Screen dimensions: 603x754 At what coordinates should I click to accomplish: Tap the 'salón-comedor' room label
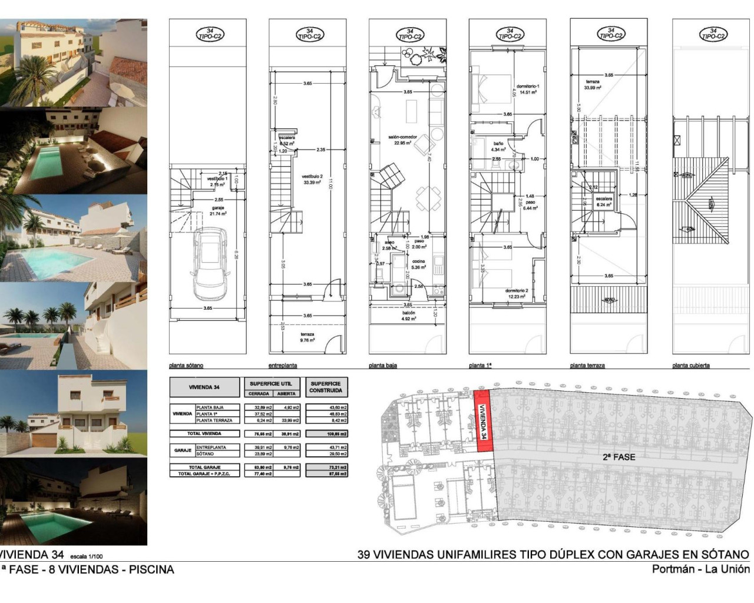pyautogui.click(x=402, y=137)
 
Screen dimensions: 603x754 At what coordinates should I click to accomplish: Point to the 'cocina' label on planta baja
pyautogui.click(x=418, y=261)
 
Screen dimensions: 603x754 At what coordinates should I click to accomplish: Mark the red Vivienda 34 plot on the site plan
pyautogui.click(x=482, y=420)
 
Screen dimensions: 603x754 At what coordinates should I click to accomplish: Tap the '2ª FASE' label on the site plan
pyautogui.click(x=619, y=456)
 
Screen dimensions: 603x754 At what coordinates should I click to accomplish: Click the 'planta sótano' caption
pyautogui.click(x=186, y=366)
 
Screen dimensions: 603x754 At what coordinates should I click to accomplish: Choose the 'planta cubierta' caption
pyautogui.click(x=691, y=366)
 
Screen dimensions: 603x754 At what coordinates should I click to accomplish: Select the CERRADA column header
pyautogui.click(x=259, y=394)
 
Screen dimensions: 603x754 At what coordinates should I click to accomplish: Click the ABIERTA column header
pyautogui.click(x=286, y=394)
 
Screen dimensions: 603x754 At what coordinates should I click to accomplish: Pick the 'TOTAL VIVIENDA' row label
pyautogui.click(x=204, y=433)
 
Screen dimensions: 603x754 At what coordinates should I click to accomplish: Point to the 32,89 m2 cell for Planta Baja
pyautogui.click(x=259, y=407)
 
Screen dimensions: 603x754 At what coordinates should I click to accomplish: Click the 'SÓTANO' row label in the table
pyautogui.click(x=204, y=454)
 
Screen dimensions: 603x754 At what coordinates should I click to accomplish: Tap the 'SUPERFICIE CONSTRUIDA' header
pyautogui.click(x=326, y=386)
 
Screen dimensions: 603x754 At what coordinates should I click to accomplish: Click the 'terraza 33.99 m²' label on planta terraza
pyautogui.click(x=592, y=84)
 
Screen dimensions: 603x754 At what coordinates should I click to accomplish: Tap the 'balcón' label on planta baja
pyautogui.click(x=409, y=313)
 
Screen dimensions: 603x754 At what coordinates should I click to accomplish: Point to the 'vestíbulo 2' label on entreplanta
pyautogui.click(x=310, y=176)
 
